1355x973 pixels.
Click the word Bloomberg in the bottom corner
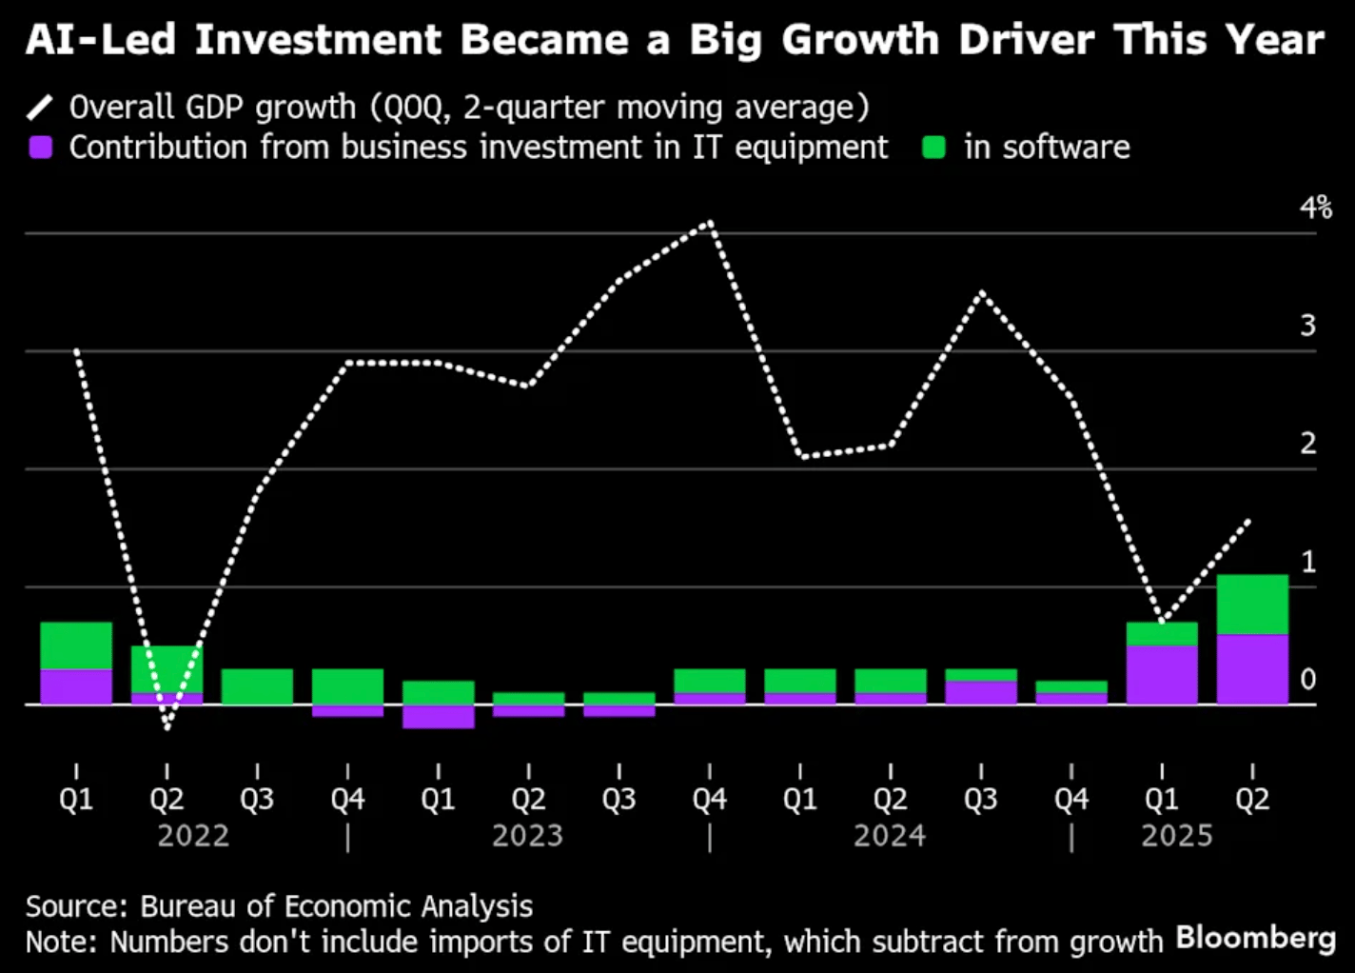click(1255, 938)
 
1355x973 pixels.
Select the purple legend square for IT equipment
click(41, 148)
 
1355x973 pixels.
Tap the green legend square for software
click(934, 148)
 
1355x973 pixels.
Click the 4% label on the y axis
click(1316, 208)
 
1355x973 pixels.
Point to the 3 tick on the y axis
click(1308, 326)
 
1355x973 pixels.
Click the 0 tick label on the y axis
click(1308, 680)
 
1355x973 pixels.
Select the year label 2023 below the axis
click(527, 836)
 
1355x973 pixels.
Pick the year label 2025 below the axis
click(1177, 836)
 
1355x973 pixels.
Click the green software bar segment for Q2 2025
click(1252, 605)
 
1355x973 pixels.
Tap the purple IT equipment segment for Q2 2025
click(1252, 669)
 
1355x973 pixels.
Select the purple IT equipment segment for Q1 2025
click(1162, 675)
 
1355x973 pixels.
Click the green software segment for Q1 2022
click(76, 645)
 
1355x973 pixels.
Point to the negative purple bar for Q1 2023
click(438, 717)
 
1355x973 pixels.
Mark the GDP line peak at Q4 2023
click(710, 224)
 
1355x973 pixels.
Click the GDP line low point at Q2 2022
click(167, 728)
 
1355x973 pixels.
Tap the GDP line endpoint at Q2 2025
click(1248, 521)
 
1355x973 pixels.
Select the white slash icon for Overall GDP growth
click(40, 108)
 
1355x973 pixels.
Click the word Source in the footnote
click(75, 906)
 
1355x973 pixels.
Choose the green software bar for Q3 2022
click(257, 686)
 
